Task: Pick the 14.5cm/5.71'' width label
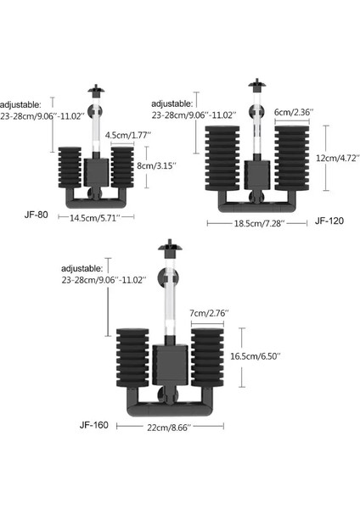(95, 218)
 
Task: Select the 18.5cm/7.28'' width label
(258, 223)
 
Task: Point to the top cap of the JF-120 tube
(251, 86)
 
